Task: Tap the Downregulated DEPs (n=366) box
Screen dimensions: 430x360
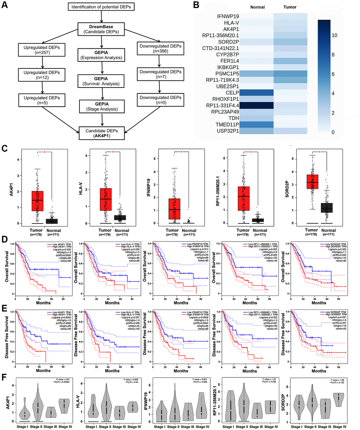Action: click(x=160, y=49)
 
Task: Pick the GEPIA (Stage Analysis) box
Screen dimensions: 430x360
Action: click(x=102, y=106)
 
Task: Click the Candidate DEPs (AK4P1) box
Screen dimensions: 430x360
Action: click(x=102, y=133)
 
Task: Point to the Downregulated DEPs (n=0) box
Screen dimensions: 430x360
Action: click(x=160, y=100)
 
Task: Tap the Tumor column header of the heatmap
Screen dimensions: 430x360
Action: click(x=290, y=7)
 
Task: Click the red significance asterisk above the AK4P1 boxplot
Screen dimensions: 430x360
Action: click(x=44, y=152)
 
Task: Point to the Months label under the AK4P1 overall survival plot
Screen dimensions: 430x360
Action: click(x=43, y=303)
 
